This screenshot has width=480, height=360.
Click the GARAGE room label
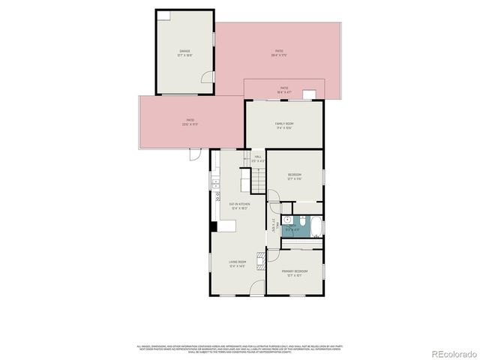[184, 53]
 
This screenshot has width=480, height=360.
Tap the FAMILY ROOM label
[283, 125]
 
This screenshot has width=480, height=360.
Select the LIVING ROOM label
[237, 263]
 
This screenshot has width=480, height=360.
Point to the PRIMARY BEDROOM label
[295, 272]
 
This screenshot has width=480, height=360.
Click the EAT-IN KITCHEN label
[239, 206]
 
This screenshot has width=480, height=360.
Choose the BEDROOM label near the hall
[294, 176]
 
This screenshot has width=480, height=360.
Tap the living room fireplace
[261, 260]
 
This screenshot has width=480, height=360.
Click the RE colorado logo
[452, 353]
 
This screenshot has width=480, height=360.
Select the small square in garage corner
[163, 16]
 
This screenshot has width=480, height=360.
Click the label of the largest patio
[277, 52]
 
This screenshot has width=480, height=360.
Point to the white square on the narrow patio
[309, 94]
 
